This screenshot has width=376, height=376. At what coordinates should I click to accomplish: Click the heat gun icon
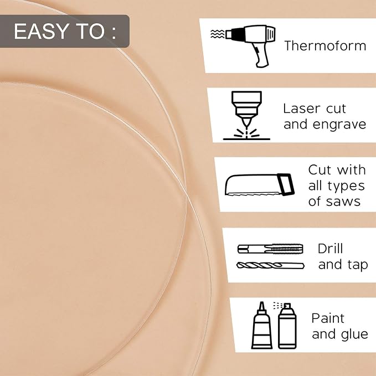coord(250,45)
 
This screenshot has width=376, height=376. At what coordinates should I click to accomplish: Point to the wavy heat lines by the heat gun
coord(218,34)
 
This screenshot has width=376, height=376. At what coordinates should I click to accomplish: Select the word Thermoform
coord(325,45)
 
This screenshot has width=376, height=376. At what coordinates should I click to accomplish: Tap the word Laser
coord(302,109)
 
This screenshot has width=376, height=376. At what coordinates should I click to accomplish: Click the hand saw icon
coord(260,184)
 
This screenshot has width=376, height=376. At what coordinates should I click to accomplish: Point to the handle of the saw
coord(286,184)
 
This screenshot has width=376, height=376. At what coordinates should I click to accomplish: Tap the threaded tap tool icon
coord(270,249)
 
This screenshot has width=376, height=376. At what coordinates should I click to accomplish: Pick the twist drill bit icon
coord(270,265)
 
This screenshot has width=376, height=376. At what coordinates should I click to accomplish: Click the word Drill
coord(330,249)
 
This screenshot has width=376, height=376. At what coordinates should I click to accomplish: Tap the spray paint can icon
coord(286,326)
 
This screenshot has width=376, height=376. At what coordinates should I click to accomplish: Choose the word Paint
coord(328,318)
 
